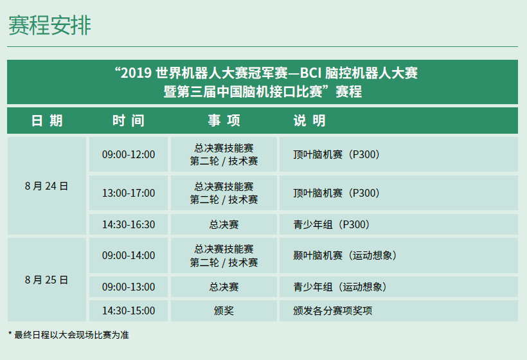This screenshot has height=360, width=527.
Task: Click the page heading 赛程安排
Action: coord(49,25)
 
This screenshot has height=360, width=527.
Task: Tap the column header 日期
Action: coord(47,121)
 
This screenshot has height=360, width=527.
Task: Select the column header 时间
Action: coord(129,121)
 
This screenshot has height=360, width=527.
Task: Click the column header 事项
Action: coord(224,121)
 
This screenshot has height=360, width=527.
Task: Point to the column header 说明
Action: coord(309,121)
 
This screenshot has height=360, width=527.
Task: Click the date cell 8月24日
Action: coord(46,186)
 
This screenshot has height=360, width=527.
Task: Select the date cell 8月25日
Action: coord(46,280)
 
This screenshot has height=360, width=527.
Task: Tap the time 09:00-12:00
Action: coord(129,155)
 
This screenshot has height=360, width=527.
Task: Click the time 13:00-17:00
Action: coord(129,194)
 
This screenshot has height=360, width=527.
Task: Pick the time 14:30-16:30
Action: coord(129,224)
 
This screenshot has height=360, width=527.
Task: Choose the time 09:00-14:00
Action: coord(129,255)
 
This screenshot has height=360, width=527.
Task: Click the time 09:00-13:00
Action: coord(129,287)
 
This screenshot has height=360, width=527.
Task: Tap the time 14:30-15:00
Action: coord(129,310)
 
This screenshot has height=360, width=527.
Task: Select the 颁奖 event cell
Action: coord(224,310)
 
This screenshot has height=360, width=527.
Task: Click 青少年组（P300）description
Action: coord(332,224)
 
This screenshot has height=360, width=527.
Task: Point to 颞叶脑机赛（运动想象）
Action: coord(345,255)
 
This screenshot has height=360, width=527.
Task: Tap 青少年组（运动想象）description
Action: coord(340,287)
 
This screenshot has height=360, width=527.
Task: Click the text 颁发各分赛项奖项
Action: coord(332,310)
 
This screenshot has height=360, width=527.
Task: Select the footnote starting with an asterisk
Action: coord(69,335)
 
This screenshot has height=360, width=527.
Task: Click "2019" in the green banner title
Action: coord(136,73)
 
